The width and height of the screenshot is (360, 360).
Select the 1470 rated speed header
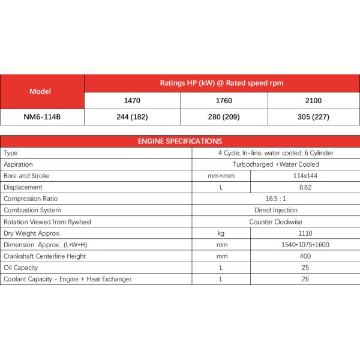pos(132,101)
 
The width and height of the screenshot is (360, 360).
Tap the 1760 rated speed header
pos(223,101)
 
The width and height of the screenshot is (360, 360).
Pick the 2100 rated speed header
pos(313,101)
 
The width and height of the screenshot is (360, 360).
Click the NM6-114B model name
pos(41,117)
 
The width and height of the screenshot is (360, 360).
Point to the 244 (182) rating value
pos(132,117)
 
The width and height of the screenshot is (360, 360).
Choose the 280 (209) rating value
pos(223,117)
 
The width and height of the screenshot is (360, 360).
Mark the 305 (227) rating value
pos(313,117)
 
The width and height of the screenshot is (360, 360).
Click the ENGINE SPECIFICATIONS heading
pos(180,141)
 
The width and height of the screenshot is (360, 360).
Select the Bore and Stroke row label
pos(26,176)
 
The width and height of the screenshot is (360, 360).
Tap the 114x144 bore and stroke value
pos(305,176)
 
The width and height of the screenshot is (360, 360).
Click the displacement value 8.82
pos(305,187)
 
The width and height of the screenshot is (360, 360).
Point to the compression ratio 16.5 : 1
pos(275,199)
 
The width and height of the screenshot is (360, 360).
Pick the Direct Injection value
pos(275,210)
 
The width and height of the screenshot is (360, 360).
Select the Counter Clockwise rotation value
pos(275,222)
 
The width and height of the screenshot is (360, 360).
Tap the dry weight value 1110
pos(305,233)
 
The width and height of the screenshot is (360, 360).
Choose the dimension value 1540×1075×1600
pos(305,245)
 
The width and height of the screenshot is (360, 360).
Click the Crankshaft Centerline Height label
pos(44,256)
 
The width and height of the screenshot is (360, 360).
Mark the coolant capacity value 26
pos(305,279)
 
